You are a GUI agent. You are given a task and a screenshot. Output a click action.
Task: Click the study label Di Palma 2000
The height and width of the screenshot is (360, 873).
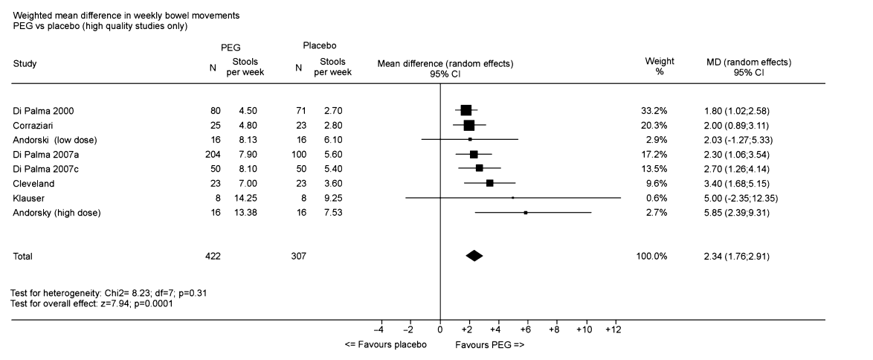[44, 111]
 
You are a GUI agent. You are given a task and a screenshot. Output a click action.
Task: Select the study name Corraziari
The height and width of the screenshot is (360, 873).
[36, 125]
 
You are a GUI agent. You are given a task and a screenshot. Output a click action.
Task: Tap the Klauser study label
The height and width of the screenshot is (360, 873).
[29, 198]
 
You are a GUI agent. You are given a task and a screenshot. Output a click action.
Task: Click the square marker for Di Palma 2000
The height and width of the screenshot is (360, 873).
[466, 111]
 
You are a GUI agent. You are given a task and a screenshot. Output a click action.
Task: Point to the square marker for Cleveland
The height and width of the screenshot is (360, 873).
[489, 183]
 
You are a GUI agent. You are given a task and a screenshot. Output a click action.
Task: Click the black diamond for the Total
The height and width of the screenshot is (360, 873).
[474, 256]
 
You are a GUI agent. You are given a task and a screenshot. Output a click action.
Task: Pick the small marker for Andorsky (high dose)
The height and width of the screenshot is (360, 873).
[526, 213]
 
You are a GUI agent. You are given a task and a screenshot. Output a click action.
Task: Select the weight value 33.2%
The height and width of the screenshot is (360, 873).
[657, 111]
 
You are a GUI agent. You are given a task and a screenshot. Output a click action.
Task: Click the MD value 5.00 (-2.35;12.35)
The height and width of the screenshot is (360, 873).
[747, 198]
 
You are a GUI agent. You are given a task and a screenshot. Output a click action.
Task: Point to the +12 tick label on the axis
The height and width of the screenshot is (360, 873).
[613, 329]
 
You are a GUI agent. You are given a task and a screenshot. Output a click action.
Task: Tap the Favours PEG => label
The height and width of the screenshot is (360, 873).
[490, 345]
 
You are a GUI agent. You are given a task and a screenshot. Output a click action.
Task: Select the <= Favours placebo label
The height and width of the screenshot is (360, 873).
[386, 345]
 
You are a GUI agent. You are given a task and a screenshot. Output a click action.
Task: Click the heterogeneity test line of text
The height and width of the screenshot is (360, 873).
[109, 293]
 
